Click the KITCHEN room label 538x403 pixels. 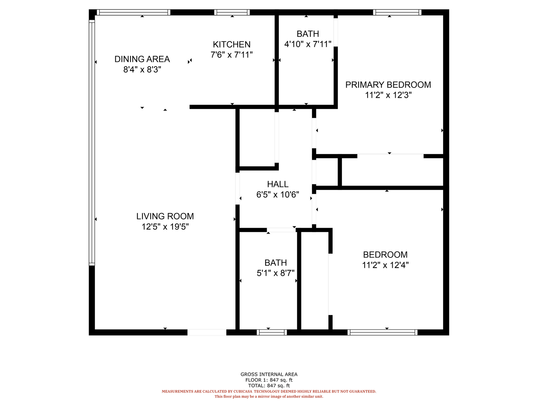[231, 44]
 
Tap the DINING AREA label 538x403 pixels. [142, 59]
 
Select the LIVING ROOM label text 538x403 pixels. [165, 216]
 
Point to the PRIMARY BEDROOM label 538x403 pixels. [388, 85]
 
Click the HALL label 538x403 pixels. [278, 184]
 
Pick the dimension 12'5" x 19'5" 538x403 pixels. [165, 227]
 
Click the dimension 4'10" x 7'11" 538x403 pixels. [307, 44]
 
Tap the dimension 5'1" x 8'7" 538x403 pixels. [275, 273]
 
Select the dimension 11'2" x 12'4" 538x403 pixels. [385, 265]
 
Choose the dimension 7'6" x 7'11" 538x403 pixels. [231, 55]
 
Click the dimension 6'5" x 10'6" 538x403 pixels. [278, 194]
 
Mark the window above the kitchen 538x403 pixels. [232, 12]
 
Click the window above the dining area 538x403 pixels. [133, 12]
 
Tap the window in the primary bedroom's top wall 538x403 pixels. [397, 12]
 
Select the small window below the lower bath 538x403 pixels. [272, 332]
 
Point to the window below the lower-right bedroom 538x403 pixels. [382, 332]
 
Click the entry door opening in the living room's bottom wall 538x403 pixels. [207, 332]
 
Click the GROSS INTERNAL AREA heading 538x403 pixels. [269, 374]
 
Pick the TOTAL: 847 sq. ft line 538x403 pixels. [269, 385]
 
